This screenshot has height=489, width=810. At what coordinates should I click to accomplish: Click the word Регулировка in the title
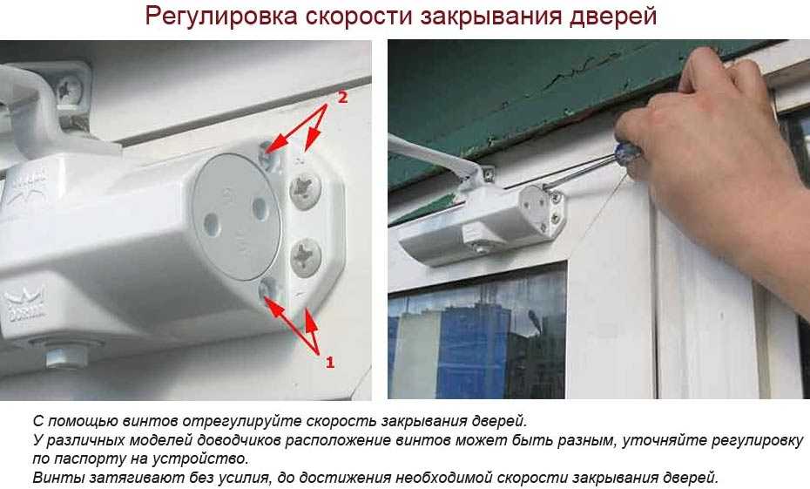pos(221,17)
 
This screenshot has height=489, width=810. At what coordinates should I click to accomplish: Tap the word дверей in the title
pos(612,17)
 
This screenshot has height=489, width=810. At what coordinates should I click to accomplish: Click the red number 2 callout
pos(342,97)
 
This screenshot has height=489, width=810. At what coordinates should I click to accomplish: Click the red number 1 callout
pos(329,363)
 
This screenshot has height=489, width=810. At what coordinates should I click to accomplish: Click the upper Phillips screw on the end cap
pos(306,190)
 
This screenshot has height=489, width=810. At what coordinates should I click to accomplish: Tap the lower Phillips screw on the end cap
pos(306,257)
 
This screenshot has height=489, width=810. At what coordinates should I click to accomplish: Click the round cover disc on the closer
pos(236,217)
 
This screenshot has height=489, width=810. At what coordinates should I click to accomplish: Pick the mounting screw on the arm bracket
pos(70,90)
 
